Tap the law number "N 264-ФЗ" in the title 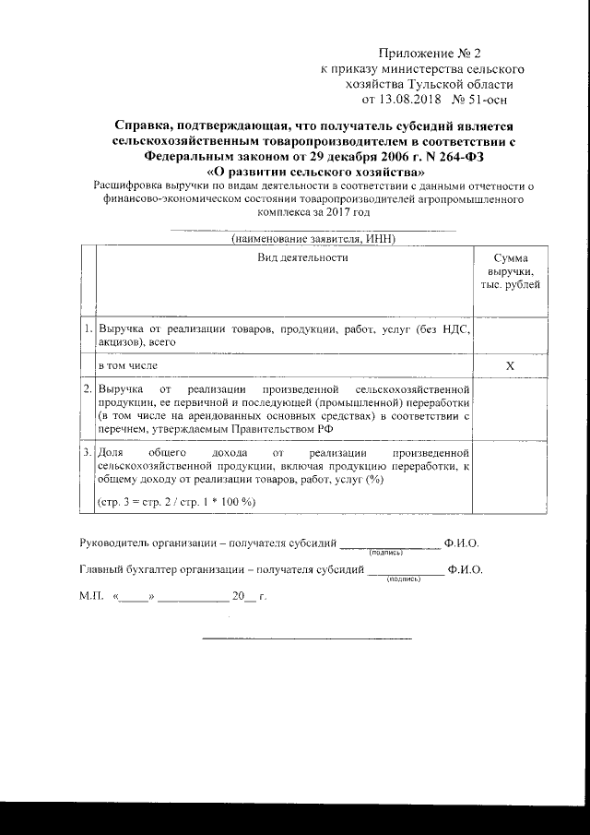pos(450,157)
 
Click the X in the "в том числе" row pos(510,366)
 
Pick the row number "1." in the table pos(87,328)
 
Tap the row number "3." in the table pos(87,454)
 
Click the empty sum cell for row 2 pos(510,410)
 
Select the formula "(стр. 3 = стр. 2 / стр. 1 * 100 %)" pos(177,501)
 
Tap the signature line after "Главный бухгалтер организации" pos(405,574)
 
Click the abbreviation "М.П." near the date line pos(92,598)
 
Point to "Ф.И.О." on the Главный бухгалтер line pos(465,571)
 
